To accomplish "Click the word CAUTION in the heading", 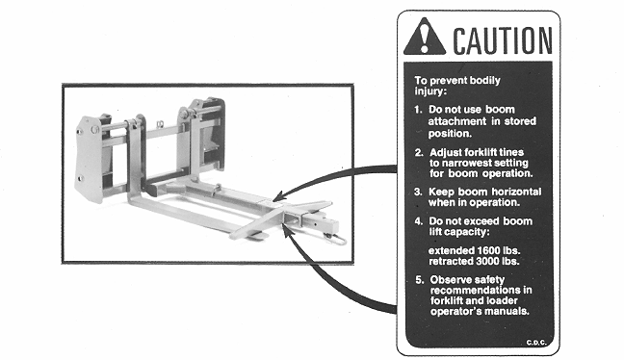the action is point(503,40).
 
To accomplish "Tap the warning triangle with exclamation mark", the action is point(425,37).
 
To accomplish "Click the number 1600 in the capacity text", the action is point(488,251).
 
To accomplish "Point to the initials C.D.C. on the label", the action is point(536,343).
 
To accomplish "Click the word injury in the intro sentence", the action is point(429,91).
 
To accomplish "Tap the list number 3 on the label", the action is point(418,193).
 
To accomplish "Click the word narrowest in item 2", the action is point(466,163).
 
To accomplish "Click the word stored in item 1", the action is point(520,121).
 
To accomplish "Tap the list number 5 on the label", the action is point(420,280).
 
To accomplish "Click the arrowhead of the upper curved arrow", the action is point(278,196).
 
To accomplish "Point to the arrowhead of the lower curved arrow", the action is point(286,230).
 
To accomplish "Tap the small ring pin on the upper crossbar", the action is point(160,124).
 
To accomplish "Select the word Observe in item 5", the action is point(448,280).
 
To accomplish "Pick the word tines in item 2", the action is point(511,152).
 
